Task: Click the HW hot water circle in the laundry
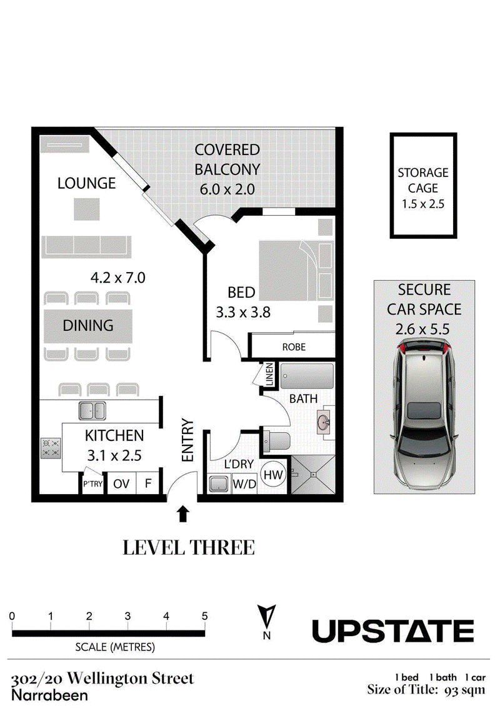click(x=273, y=475)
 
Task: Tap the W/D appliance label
click(x=244, y=485)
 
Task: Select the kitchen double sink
click(x=92, y=411)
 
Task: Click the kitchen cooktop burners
click(x=51, y=448)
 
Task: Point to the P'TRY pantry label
click(x=92, y=483)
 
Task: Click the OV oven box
click(x=121, y=483)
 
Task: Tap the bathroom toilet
click(x=276, y=441)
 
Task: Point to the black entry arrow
click(x=182, y=514)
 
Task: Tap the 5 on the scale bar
click(x=205, y=616)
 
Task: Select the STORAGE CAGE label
click(x=423, y=180)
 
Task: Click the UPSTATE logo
click(x=393, y=631)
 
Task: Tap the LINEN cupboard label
click(x=269, y=375)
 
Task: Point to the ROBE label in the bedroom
click(x=294, y=346)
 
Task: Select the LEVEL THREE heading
click(x=189, y=548)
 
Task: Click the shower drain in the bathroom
click(x=312, y=475)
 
